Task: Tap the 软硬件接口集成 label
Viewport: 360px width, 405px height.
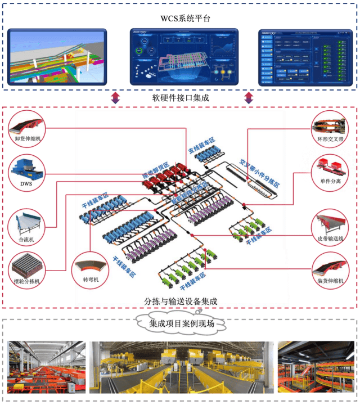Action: click(180, 97)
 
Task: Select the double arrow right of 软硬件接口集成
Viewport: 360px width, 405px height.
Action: click(248, 97)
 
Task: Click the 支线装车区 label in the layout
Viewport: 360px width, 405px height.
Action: click(201, 148)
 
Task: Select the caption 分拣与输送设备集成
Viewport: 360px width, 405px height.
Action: click(180, 301)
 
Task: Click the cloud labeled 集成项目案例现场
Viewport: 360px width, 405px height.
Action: click(180, 324)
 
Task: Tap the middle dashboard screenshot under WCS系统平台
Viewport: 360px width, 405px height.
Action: click(180, 56)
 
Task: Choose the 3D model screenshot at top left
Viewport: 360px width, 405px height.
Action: click(56, 56)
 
